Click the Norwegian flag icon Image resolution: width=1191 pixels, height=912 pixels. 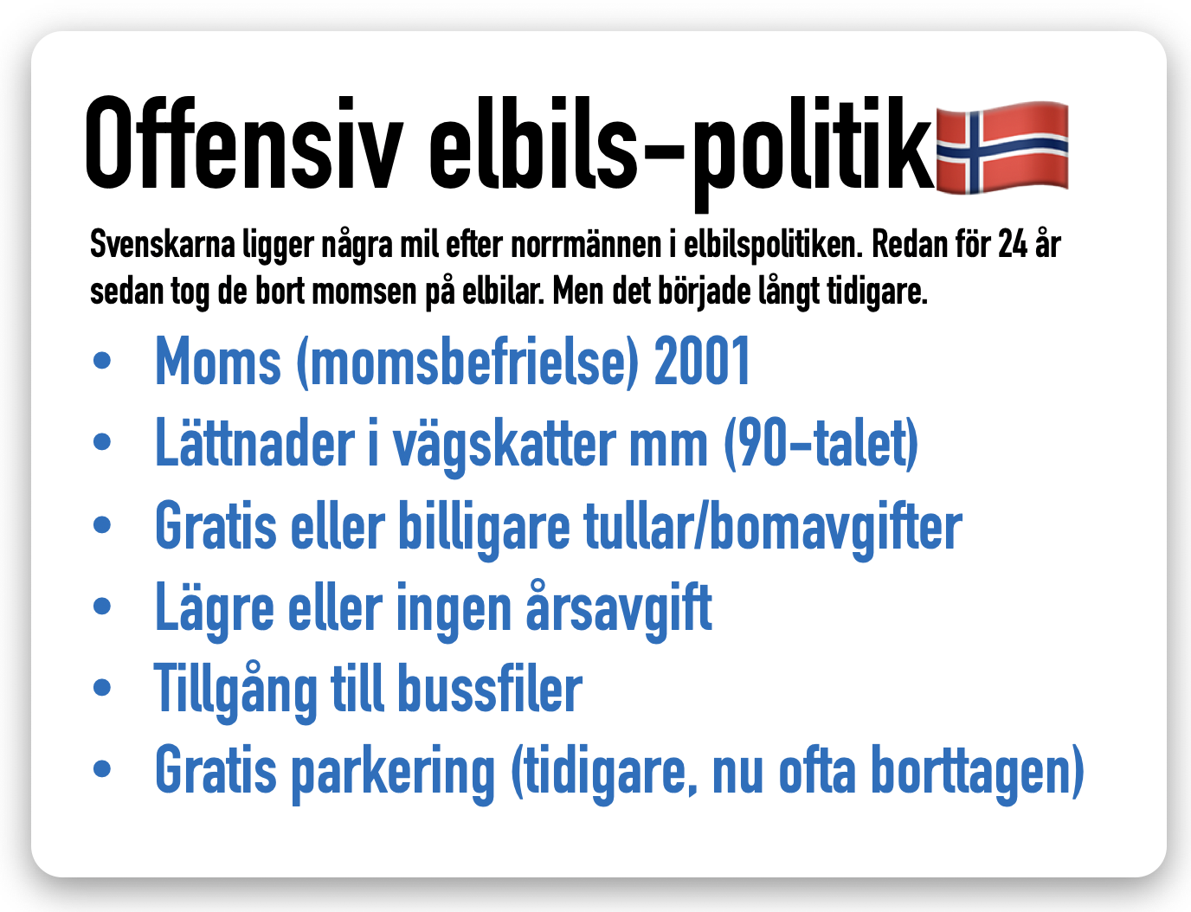[x=1002, y=147]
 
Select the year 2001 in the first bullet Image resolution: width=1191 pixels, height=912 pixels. [x=702, y=361]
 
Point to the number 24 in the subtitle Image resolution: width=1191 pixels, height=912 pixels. [x=1013, y=244]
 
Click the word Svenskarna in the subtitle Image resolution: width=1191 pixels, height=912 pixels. [x=162, y=244]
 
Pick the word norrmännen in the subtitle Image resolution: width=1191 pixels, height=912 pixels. [x=586, y=245]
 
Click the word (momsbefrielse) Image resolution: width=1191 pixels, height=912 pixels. [x=467, y=363]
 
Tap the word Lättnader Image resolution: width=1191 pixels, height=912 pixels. [x=255, y=442]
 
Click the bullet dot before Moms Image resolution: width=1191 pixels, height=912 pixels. [x=102, y=361]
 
